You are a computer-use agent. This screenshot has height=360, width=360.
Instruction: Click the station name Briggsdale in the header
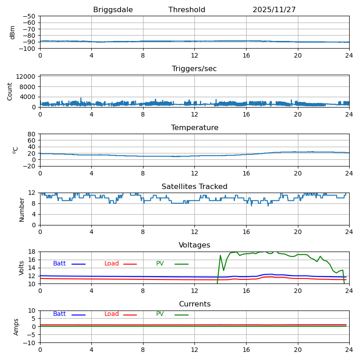click(113, 10)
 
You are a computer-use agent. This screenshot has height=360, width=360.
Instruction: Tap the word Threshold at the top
click(187, 9)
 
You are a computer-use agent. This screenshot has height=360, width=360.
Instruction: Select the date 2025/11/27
click(274, 9)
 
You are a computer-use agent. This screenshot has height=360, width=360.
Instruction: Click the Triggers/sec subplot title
click(194, 69)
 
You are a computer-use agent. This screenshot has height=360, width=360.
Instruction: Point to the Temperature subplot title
click(195, 127)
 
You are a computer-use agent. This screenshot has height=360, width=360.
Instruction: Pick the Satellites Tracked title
click(194, 186)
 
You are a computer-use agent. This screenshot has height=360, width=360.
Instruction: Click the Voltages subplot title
click(194, 245)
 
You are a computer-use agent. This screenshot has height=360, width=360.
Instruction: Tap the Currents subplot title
click(195, 304)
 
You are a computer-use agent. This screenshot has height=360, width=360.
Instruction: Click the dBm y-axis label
click(13, 32)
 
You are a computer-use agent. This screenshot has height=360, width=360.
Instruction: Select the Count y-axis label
click(9, 92)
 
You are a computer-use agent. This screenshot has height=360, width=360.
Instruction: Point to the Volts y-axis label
click(21, 268)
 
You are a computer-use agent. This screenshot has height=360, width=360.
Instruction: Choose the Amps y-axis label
click(16, 327)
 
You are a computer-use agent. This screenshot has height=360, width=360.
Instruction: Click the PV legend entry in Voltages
click(160, 264)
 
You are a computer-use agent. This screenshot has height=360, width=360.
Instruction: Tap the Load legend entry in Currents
click(111, 314)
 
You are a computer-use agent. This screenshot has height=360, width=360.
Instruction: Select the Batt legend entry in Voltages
click(59, 264)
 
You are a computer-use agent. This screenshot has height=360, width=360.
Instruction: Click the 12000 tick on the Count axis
click(26, 76)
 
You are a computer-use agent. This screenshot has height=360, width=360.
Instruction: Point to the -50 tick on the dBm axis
click(29, 16)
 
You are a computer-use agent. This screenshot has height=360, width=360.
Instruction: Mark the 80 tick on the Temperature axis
click(31, 134)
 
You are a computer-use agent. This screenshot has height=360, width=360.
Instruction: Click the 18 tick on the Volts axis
click(31, 252)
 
